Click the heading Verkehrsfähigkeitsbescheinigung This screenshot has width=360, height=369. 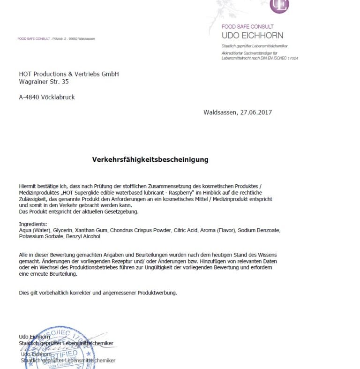(150, 159)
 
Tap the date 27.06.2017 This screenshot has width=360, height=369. (256, 113)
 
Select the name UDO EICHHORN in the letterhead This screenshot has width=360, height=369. (252, 36)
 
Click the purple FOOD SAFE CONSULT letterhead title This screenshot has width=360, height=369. (247, 27)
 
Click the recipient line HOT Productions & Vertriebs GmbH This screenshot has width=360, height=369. (69, 74)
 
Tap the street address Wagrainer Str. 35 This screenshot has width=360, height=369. (44, 82)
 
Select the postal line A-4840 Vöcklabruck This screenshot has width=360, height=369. (46, 98)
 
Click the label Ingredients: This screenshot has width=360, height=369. (33, 225)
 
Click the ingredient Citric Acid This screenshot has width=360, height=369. (186, 231)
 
